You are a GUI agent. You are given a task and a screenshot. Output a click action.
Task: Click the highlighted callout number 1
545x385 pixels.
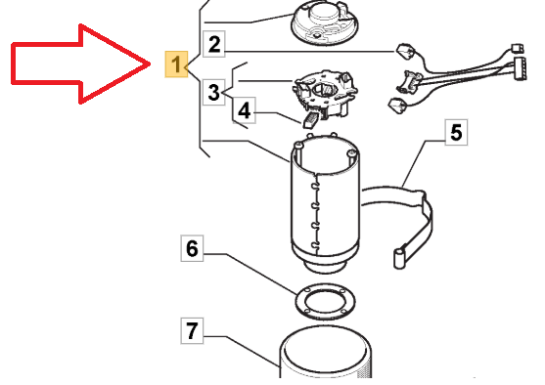point(176,64)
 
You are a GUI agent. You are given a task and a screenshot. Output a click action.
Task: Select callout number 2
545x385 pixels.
point(213,44)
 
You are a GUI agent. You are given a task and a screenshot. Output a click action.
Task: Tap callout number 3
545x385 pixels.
point(213,93)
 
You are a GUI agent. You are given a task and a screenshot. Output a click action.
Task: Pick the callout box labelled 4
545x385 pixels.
point(244,110)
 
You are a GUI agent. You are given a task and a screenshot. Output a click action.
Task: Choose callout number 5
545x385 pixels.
point(456,132)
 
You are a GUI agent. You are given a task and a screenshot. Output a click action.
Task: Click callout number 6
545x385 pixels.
point(192,248)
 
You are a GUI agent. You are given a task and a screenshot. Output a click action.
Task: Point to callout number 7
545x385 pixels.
point(192,331)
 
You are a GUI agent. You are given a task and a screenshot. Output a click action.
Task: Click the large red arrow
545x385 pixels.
point(80,64)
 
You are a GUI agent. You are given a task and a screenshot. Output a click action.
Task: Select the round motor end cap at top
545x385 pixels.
point(324,22)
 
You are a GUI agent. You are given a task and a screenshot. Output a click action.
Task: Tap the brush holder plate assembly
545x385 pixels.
point(325,94)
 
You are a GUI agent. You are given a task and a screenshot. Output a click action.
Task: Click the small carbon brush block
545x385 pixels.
point(310,120)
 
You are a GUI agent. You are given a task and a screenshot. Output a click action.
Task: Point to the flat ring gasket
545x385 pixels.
point(325,301)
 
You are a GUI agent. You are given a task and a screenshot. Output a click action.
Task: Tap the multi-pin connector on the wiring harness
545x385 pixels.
point(520,68)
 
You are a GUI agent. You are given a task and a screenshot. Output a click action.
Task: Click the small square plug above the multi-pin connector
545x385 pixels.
point(518,48)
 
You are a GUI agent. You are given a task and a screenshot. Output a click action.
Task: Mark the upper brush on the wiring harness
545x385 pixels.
point(404,51)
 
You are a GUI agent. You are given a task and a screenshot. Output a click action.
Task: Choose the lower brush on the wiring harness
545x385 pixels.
point(397,106)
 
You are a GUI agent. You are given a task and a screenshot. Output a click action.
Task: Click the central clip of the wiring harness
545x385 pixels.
point(408,82)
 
